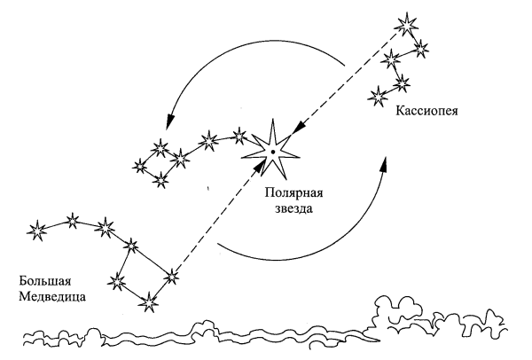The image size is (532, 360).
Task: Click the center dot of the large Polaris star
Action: point(273,153)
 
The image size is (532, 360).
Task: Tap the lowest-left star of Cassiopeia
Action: point(380,91)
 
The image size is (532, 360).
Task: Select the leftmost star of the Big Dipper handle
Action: point(37,230)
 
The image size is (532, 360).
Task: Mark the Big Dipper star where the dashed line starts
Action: point(171,278)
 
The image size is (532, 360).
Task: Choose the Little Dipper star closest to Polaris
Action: point(239,136)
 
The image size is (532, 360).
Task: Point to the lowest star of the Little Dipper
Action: point(160,180)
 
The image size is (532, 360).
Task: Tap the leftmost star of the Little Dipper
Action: point(140,164)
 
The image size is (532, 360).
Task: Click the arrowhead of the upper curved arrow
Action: point(166,129)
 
